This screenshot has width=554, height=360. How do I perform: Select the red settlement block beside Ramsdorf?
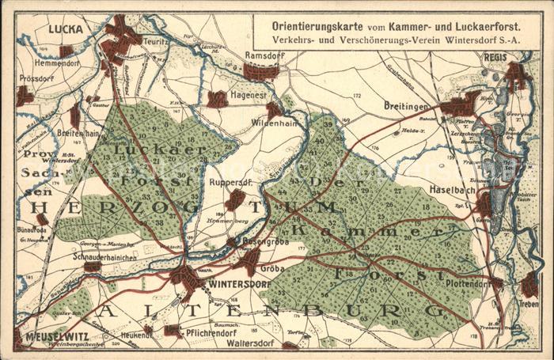260,72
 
